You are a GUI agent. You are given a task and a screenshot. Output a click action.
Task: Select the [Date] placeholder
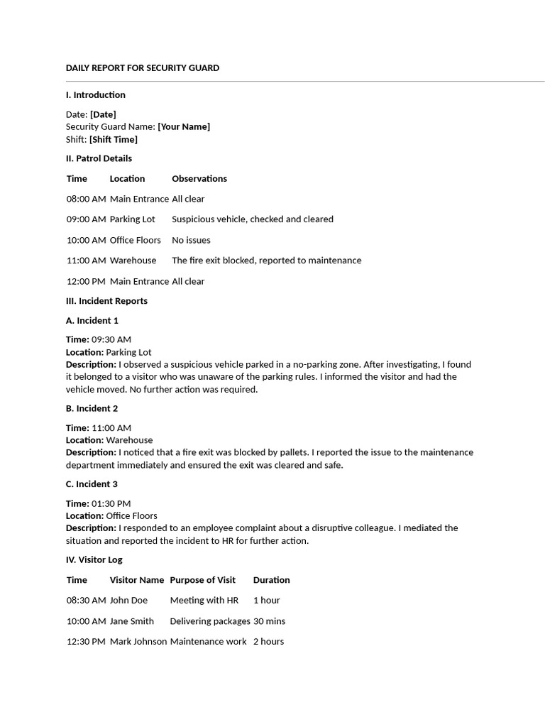point(103,114)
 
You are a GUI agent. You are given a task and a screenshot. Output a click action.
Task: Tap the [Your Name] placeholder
point(184,126)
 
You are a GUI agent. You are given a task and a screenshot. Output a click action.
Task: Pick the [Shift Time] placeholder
point(114,139)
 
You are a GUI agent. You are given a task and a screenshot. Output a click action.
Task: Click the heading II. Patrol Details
point(99,158)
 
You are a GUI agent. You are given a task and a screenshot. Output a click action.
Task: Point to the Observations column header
point(199,178)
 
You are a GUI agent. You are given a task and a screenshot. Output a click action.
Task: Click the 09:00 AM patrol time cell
point(86,219)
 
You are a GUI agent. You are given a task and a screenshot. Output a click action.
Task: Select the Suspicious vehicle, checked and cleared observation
point(252,219)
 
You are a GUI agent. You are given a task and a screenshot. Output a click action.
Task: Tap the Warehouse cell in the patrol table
point(133,261)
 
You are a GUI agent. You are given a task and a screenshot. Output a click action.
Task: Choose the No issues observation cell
point(191,240)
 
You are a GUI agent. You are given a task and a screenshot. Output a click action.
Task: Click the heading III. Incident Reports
point(106,301)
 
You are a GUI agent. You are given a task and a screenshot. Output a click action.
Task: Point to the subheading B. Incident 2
point(92,408)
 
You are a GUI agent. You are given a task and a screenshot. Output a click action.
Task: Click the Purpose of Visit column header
point(202,580)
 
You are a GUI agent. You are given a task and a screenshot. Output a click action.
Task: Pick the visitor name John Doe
point(128,601)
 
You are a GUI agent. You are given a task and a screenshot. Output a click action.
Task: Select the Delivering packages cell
point(209,621)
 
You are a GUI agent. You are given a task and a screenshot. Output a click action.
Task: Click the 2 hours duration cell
point(268,642)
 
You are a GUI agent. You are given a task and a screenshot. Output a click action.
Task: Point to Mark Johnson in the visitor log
point(138,642)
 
